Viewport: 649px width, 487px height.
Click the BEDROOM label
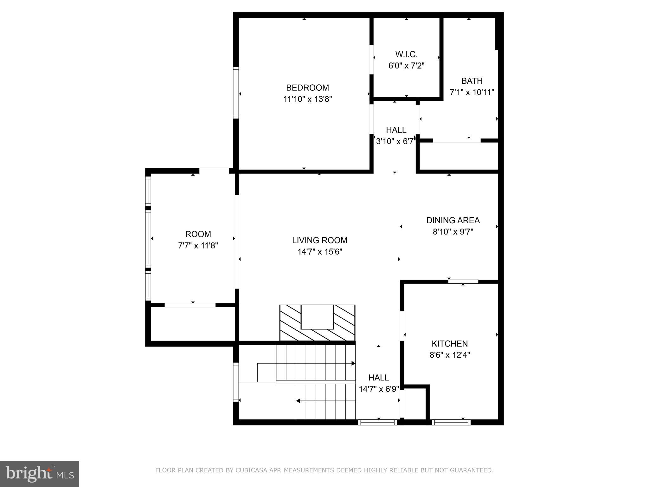307,88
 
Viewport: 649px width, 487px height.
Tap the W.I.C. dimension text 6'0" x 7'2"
406,66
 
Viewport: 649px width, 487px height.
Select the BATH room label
472,81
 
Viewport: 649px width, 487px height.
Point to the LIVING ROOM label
319,240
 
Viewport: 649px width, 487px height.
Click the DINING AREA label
453,220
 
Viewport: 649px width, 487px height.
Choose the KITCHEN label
449,343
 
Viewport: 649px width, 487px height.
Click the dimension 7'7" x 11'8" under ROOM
198,245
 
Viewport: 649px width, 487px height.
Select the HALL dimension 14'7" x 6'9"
378,389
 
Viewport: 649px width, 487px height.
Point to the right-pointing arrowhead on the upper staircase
353,363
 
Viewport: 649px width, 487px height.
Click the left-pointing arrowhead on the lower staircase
298,401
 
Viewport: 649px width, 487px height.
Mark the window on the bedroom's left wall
236,93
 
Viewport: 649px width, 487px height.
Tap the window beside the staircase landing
236,382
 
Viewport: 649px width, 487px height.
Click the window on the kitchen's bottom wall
451,422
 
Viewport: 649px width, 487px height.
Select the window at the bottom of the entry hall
377,422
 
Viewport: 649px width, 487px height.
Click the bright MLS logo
40,474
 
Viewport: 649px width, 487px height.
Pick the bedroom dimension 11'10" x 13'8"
307,99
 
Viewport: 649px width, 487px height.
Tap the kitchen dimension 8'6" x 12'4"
449,355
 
